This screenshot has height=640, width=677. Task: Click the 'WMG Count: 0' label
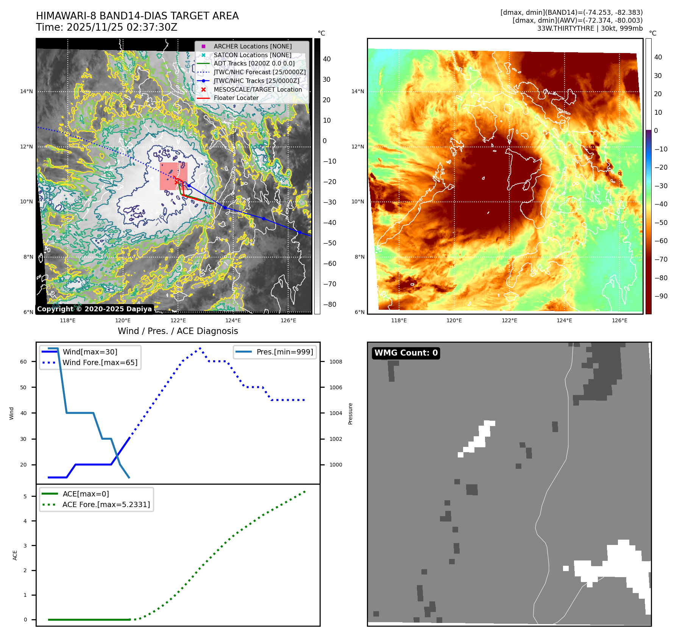(x=406, y=353)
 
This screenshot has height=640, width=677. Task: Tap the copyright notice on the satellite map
(x=94, y=309)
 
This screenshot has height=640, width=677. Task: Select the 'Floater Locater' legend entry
(x=236, y=98)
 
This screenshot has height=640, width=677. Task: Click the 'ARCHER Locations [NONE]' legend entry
(x=253, y=46)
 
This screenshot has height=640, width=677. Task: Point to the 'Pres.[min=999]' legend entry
(x=285, y=352)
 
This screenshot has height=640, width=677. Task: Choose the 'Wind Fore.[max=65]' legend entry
(x=100, y=362)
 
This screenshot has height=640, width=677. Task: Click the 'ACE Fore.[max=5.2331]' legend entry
(x=106, y=504)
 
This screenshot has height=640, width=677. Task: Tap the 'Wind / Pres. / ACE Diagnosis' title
(x=178, y=331)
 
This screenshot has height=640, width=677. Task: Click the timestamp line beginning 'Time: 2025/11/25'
(x=106, y=27)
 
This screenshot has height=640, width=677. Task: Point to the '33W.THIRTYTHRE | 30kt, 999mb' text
(x=590, y=28)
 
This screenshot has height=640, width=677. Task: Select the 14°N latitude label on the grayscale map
(x=27, y=91)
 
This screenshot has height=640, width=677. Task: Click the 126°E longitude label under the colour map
(x=619, y=320)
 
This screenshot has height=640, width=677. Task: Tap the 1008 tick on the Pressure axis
(x=335, y=362)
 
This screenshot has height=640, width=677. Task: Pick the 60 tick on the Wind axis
(x=23, y=362)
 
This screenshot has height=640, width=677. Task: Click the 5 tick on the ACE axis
(x=25, y=496)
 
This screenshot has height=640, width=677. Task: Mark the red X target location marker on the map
(x=176, y=182)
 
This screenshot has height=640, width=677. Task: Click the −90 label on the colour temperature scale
(x=661, y=296)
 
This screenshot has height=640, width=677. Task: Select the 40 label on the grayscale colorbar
(x=327, y=59)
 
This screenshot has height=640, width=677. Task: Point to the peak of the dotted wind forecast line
(x=200, y=348)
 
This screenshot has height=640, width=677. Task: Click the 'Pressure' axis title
(x=350, y=414)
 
